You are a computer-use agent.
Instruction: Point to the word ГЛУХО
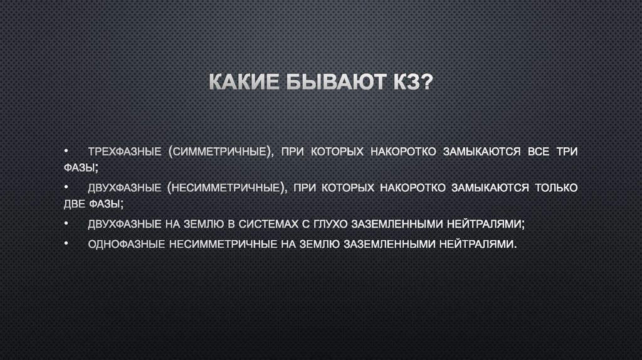(x=330, y=223)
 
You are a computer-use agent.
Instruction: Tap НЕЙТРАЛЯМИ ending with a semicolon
(x=485, y=223)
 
